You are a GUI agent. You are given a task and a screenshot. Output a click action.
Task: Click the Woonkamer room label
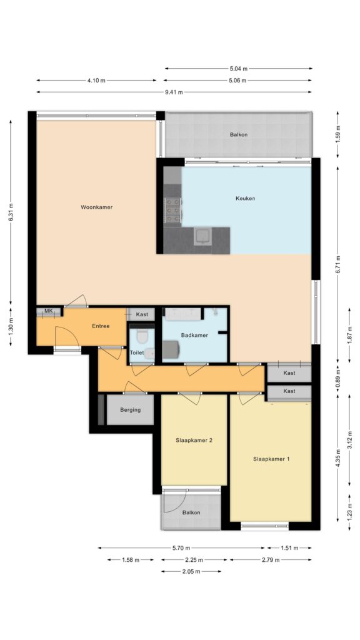click(96, 207)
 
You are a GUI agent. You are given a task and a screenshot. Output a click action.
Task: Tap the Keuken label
click(245, 198)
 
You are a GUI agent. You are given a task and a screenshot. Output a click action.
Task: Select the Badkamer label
click(194, 335)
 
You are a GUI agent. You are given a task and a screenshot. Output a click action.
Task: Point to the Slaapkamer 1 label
click(271, 459)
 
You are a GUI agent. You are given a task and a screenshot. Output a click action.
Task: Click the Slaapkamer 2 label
click(194, 441)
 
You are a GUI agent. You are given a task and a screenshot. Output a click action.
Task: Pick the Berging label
click(130, 410)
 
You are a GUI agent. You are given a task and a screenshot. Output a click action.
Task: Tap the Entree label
click(101, 326)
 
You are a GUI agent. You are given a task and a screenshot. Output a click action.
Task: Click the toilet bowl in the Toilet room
click(142, 336)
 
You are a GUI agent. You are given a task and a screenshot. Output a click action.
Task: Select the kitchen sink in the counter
click(202, 236)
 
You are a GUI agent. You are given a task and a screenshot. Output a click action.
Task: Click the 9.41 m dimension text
click(174, 92)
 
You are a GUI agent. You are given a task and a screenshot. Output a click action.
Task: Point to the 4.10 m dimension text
click(96, 81)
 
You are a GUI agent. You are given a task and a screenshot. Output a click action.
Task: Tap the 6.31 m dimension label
click(11, 212)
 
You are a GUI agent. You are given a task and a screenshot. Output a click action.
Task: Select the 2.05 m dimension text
click(191, 571)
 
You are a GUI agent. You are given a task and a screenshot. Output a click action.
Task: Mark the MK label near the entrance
click(49, 311)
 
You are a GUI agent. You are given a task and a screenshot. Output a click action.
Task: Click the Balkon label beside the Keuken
click(238, 134)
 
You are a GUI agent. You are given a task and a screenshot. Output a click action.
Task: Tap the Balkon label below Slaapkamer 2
click(191, 512)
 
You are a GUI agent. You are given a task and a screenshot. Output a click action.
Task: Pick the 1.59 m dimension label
click(337, 134)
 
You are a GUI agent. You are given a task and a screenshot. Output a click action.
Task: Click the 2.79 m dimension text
click(271, 560)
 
